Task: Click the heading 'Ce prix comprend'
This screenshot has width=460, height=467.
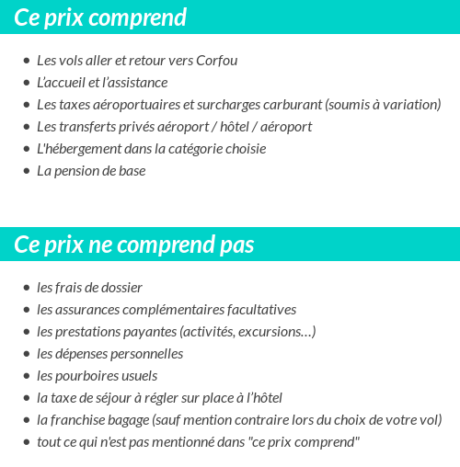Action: [100, 17]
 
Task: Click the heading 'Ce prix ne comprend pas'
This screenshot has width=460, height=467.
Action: [134, 245]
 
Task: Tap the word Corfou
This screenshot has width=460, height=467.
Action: [217, 61]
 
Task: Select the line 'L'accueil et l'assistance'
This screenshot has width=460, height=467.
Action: [102, 83]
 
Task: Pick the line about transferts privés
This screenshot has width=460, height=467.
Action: [174, 127]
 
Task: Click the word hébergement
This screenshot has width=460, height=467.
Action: [91, 149]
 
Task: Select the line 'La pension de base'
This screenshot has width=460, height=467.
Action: [91, 171]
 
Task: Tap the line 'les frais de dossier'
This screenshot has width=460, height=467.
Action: [89, 288]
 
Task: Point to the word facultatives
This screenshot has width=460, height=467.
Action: [257, 310]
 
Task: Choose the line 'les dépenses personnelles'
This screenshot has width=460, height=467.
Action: [109, 354]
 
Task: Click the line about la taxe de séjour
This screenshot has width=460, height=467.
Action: [159, 398]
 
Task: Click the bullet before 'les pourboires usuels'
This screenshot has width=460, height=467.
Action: [26, 376]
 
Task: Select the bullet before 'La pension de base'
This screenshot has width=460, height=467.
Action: [26, 171]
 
